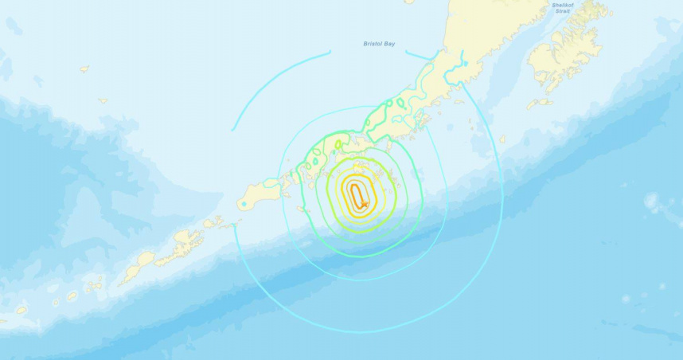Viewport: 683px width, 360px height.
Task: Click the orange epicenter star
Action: coord(364,205)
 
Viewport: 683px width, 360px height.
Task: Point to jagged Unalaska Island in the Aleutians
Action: coord(187,238)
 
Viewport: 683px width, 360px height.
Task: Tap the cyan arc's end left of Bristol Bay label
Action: coord(330,53)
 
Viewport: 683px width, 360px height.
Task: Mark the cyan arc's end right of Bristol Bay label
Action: coord(406,53)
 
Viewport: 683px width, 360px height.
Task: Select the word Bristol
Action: coord(361,46)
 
